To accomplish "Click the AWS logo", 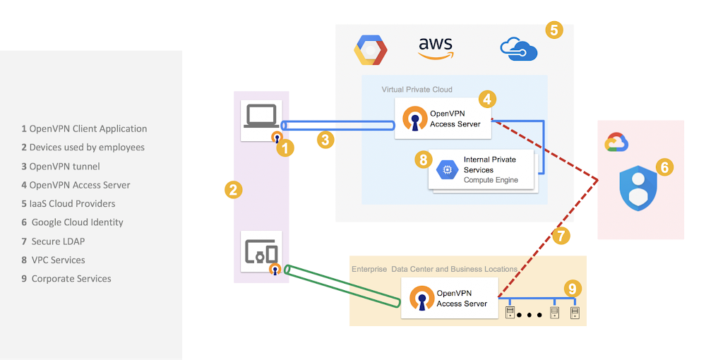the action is click(436, 49).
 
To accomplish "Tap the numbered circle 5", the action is click(554, 30).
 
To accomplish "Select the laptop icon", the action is click(261, 116).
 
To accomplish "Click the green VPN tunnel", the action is click(342, 286).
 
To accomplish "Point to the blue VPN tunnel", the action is click(337, 125).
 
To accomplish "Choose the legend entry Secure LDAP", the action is click(53, 241).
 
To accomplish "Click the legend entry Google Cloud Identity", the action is click(72, 222).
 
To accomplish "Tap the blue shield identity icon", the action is click(638, 188).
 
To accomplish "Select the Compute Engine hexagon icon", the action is click(447, 169).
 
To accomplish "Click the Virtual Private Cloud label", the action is click(417, 90).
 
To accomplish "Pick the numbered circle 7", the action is click(561, 235).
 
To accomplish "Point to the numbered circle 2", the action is click(233, 190).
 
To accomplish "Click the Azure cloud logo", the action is click(519, 49).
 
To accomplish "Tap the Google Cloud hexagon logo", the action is click(370, 49).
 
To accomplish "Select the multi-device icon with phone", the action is click(261, 251).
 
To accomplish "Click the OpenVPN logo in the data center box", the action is click(422, 298).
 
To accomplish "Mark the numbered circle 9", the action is click(573, 289).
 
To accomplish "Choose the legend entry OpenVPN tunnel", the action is click(60, 167).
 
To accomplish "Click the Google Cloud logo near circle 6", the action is click(616, 142).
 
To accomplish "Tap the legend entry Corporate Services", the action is click(66, 279).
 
